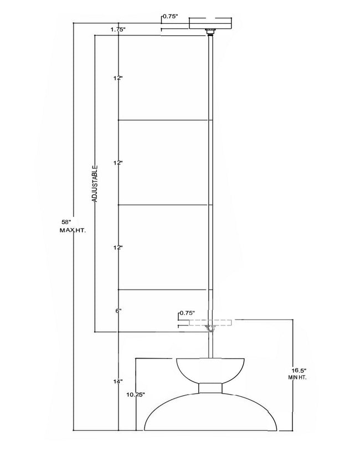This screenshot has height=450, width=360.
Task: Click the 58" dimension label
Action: [66, 222]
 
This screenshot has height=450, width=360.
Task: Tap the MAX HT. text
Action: [73, 230]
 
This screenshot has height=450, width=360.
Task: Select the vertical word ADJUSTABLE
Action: [95, 184]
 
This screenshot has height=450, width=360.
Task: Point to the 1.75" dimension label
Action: [118, 29]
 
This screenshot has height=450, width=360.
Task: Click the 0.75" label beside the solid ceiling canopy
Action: [171, 17]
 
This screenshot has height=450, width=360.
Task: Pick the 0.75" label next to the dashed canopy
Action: [187, 313]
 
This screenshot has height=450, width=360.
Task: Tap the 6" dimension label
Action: [119, 311]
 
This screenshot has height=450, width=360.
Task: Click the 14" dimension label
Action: [118, 381]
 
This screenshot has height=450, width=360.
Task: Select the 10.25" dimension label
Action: [136, 395]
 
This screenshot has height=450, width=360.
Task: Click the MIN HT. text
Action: [297, 377]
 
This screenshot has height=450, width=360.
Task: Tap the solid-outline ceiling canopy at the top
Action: [210, 23]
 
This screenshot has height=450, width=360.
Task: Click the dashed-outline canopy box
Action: [210, 323]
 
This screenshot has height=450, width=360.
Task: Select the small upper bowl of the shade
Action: [210, 370]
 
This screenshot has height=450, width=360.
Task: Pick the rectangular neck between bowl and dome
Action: [210, 388]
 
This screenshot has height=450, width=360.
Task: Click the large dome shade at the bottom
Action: [210, 412]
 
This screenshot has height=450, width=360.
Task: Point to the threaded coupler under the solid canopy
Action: [210, 32]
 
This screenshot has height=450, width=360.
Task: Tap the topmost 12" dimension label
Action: [118, 78]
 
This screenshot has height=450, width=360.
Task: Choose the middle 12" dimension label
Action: [118, 163]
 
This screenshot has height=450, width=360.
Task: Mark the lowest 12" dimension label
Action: [118, 247]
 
